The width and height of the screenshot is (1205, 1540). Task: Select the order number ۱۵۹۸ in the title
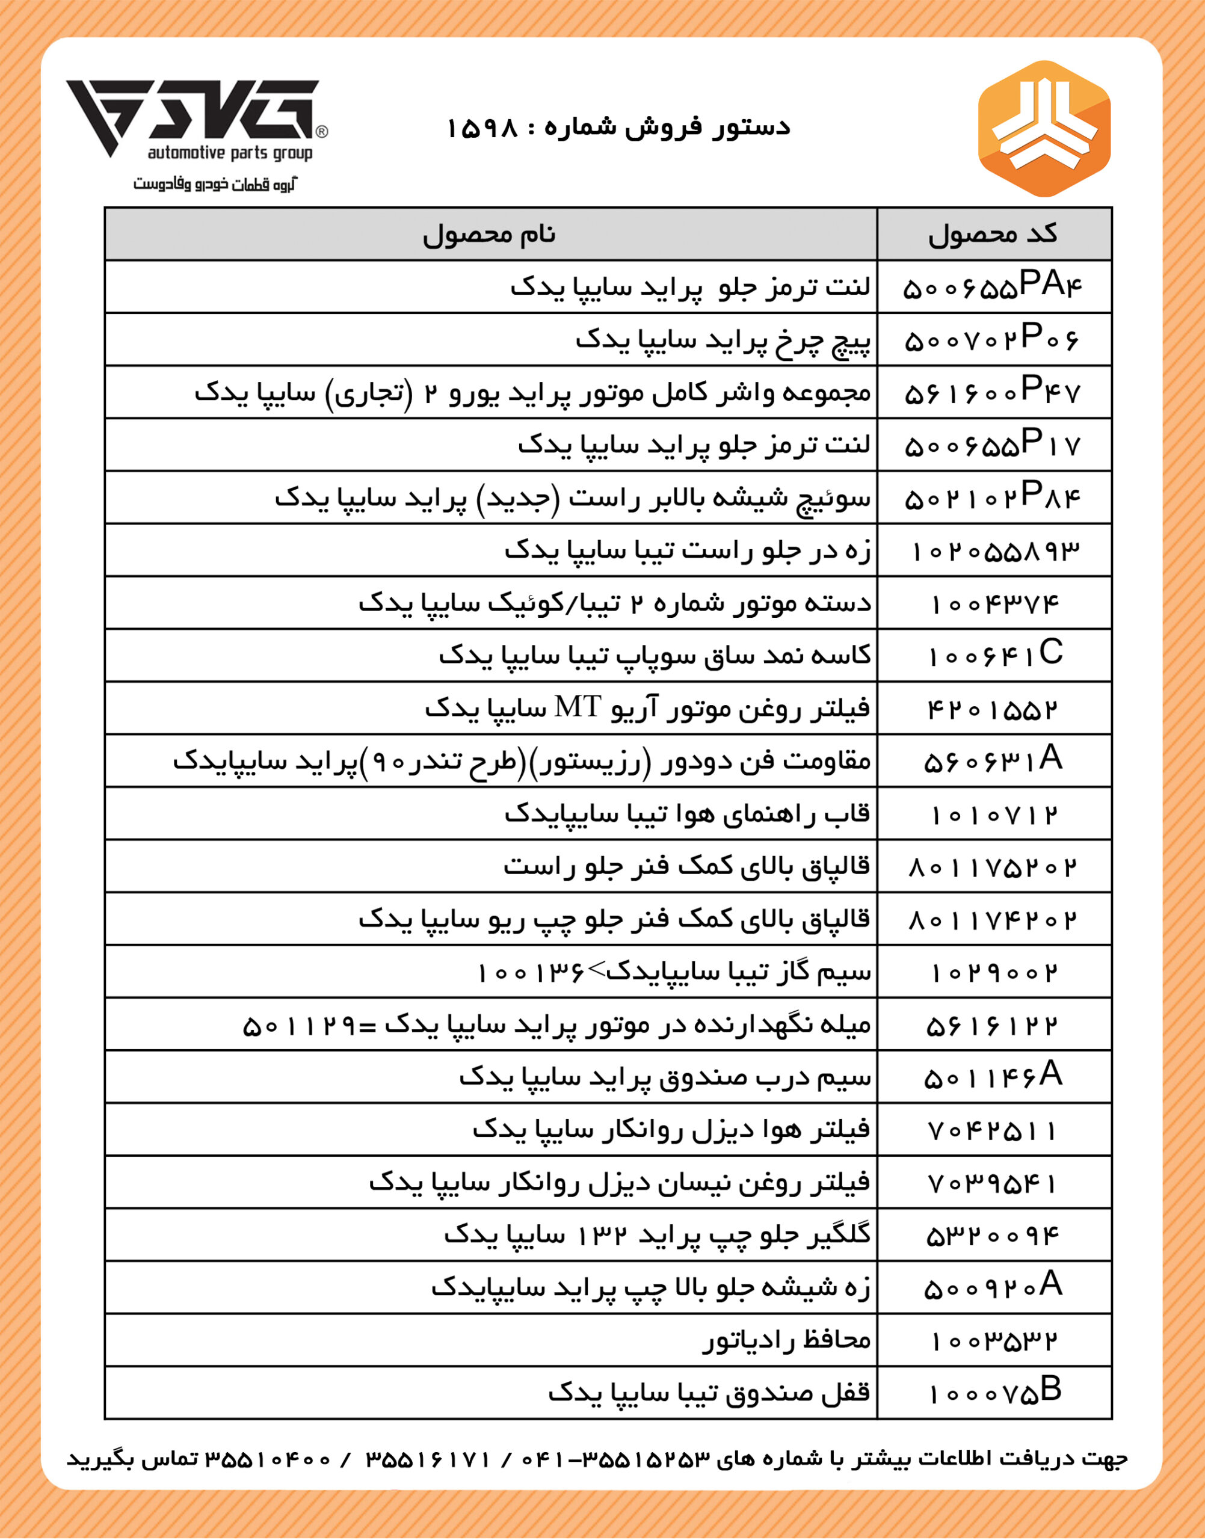coord(482,128)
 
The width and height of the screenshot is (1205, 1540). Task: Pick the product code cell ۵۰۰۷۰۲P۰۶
coord(993,340)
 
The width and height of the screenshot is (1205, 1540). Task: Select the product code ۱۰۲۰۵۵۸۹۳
coord(995,551)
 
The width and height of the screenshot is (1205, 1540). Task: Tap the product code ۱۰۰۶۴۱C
coord(995,655)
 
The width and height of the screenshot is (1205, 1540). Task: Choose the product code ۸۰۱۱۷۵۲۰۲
coord(993,867)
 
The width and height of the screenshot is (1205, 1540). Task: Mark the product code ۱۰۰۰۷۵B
coord(995,1393)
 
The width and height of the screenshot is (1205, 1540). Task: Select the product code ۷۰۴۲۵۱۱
coord(993,1131)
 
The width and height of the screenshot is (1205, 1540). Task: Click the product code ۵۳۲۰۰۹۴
coord(993,1235)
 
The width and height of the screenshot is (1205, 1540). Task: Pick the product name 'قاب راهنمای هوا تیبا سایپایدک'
coord(687,814)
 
